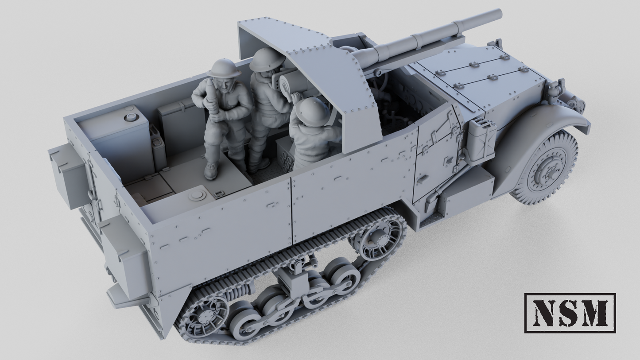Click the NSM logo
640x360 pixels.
(570, 313)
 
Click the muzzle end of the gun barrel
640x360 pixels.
(499, 13)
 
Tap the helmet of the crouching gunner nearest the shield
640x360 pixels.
(313, 111)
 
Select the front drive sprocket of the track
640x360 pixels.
(377, 238)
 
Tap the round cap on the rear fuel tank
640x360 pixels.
(131, 117)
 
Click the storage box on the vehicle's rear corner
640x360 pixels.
(69, 175)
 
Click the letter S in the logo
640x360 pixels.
(570, 313)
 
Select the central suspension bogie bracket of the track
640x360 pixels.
(292, 279)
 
